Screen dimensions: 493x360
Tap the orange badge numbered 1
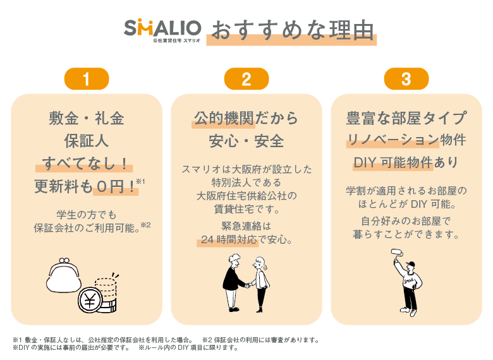pos(87,79)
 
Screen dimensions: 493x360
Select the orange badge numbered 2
pos(246,79)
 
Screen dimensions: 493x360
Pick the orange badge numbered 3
pos(406,79)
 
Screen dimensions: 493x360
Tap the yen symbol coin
pos(90,300)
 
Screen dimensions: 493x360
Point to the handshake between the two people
pos(248,285)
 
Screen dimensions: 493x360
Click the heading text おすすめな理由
pos(292,31)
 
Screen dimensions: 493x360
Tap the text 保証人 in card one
pos(87,141)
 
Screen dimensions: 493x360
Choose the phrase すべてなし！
pos(85,164)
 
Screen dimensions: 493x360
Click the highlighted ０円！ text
pos(116,186)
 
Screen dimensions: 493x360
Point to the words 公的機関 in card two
pos(224,119)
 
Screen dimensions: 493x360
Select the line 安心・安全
pos(246,141)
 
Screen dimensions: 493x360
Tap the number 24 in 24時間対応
pos(207,240)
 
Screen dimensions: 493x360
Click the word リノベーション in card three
pos(393,140)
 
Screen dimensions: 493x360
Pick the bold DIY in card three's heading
pos(365,163)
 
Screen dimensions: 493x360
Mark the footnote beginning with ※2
pos(260,340)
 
